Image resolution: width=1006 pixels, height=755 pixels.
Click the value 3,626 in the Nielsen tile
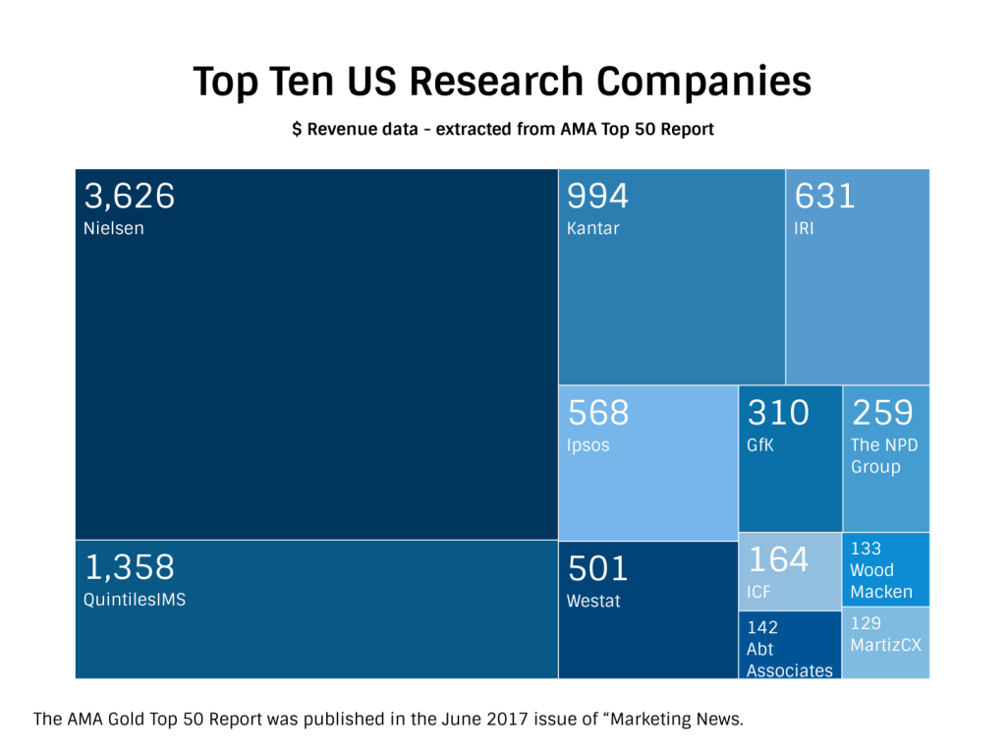pos(129,197)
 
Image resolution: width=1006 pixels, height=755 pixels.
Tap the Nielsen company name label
pos(113,229)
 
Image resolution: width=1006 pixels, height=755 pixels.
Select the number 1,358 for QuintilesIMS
pos(129,567)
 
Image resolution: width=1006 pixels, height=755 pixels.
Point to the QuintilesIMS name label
pos(135,600)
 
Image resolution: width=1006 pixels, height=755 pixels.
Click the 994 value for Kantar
pos(597,197)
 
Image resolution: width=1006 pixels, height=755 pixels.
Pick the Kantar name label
pos(593,229)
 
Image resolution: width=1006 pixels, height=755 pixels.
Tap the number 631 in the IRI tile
pos(824,197)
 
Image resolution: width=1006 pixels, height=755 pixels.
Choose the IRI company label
pos(804,229)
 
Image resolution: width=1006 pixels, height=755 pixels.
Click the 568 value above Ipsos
pos(597,413)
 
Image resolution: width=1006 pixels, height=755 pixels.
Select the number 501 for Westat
pos(597,568)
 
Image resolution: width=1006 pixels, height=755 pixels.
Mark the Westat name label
pos(593,601)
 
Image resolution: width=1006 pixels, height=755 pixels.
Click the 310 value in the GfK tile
pos(778,413)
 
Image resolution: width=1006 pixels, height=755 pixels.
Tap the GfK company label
pos(760,445)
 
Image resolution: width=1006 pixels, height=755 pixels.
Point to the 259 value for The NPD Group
pos(882,413)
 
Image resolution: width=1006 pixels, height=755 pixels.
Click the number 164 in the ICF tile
pos(778,559)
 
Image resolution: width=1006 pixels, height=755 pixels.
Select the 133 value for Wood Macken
pos(866,549)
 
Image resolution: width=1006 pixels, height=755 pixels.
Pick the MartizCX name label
pos(886,645)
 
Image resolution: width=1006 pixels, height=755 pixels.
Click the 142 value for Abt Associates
pos(762,627)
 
